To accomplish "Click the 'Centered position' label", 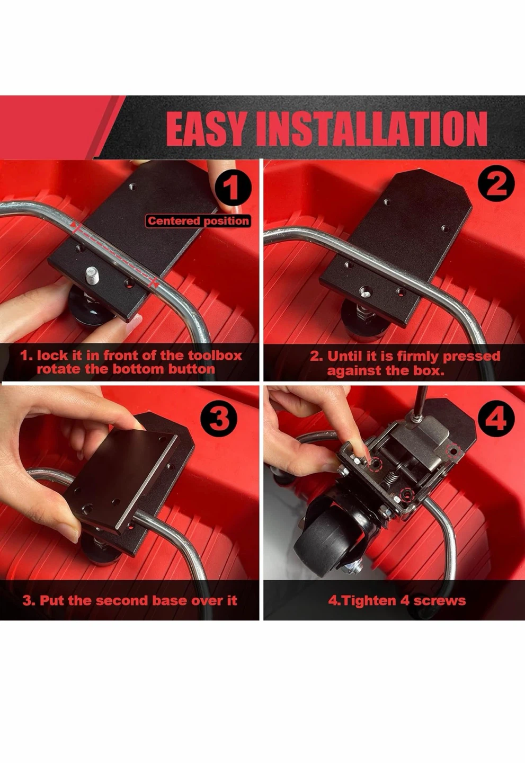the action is tap(198, 221).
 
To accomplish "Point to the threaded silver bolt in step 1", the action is tap(92, 274).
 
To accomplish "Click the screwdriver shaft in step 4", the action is tap(420, 402).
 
